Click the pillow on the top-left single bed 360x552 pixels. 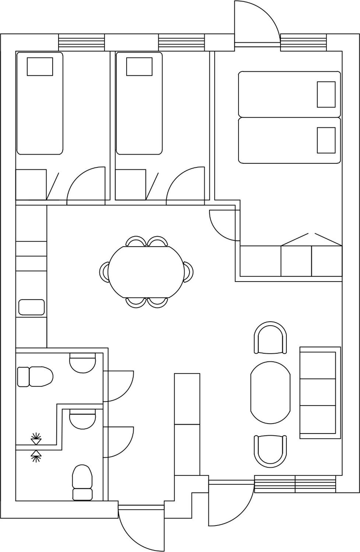tap(40, 66)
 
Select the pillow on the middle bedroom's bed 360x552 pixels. tap(139, 66)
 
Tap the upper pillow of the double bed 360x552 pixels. tap(326, 94)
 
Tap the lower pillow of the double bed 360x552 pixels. tap(326, 140)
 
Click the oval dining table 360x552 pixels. tap(146, 272)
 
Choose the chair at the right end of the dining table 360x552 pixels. tap(189, 272)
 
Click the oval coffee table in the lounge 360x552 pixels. tap(270, 392)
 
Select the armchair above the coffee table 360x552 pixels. tap(271, 338)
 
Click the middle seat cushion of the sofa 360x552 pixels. tap(318, 392)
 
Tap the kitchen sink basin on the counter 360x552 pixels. tap(32, 307)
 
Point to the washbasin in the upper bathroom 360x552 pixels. tap(83, 363)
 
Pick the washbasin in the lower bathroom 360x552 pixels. tap(83, 419)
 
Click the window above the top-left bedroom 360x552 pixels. tap(81, 42)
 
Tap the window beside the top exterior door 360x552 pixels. tap(303, 42)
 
